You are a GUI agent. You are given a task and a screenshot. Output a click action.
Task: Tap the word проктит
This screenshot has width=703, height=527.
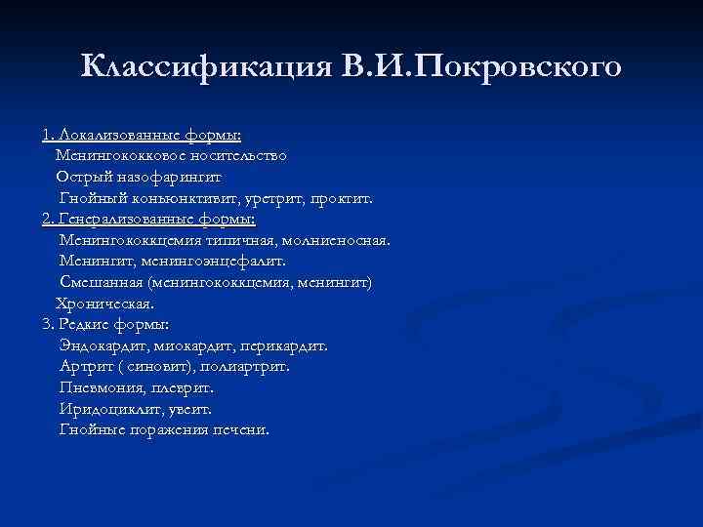[x=341, y=198]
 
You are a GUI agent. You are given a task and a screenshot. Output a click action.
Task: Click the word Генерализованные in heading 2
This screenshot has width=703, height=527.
[x=124, y=219]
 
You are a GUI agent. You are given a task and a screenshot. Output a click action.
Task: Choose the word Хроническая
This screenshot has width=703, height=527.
[x=104, y=304]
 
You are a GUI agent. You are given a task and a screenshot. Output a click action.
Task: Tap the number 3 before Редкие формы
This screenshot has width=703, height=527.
[x=46, y=324]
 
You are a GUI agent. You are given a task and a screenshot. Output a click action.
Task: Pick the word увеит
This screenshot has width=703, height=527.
[x=187, y=409]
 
